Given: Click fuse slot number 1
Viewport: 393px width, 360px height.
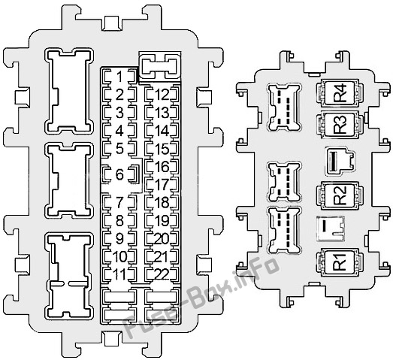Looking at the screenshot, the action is [x=119, y=77].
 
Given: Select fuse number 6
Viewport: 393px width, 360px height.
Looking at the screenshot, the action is [x=120, y=174].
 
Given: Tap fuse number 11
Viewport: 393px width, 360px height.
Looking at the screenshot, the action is [x=119, y=274].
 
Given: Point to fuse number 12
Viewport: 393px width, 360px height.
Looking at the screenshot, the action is [x=162, y=95].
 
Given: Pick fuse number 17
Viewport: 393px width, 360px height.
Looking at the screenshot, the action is [x=162, y=184].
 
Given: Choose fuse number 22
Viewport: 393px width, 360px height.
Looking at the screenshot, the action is [x=162, y=274].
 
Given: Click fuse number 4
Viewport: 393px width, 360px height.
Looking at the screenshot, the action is [x=119, y=131].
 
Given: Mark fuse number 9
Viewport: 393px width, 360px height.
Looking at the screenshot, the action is [x=119, y=238].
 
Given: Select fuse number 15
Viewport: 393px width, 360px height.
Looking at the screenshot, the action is [x=162, y=149].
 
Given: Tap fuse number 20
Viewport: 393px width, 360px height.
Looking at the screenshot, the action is [x=162, y=238].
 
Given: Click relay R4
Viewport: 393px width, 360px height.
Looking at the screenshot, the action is [x=340, y=92].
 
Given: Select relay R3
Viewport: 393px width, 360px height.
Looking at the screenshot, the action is [x=340, y=126].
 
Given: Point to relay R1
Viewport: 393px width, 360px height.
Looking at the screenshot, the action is [x=340, y=262].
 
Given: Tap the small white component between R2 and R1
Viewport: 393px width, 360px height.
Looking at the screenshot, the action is [x=331, y=228].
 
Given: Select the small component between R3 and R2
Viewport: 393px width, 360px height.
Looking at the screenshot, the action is [x=340, y=161].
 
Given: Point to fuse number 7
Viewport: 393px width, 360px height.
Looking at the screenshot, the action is [x=119, y=202].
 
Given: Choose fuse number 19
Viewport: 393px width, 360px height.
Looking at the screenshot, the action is [x=162, y=220].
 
